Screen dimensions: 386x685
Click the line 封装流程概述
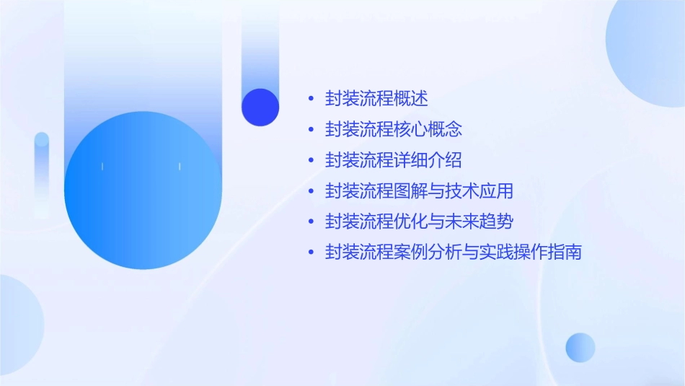376,99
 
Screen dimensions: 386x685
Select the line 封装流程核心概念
393,130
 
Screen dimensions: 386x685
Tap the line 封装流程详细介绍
393,160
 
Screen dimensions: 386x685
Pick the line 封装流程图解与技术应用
419,191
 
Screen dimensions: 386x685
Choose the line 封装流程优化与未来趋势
419,221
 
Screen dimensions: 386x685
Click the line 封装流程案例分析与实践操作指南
453,253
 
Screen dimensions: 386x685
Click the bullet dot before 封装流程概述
311,99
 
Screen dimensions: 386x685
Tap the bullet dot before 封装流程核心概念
311,130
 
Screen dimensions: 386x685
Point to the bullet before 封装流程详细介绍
311,160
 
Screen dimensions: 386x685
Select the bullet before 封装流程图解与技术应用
311,191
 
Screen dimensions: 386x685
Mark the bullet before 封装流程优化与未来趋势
311,221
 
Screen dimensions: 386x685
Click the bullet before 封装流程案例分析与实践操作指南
311,253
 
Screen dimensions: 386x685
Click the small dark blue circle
260,107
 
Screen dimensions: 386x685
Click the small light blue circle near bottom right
580,347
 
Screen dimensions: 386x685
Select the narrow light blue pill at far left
42,173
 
